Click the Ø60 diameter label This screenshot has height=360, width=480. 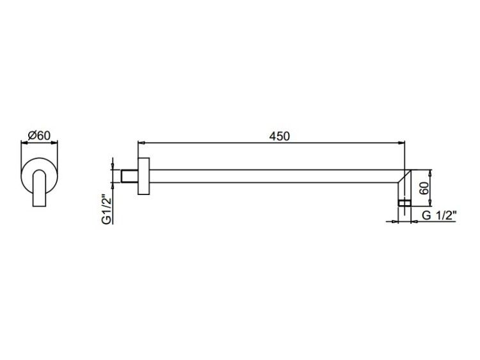[39, 136]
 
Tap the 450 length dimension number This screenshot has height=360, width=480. [279, 136]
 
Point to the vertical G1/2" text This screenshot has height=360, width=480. [107, 209]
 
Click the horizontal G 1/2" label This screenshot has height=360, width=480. [439, 215]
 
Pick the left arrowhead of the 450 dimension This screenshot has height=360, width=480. [141, 143]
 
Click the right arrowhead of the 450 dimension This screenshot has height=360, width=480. [401, 143]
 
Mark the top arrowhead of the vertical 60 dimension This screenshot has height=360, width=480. [431, 173]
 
